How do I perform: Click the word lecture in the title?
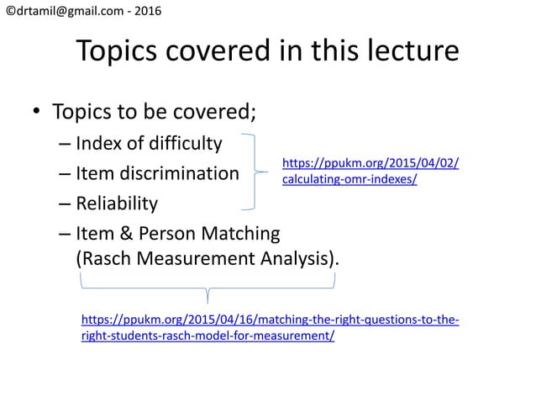click(x=408, y=52)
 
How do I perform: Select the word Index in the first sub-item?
click(x=97, y=144)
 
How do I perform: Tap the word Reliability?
click(x=116, y=204)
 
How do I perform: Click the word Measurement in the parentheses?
click(x=190, y=259)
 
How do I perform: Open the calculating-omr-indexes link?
click(x=370, y=172)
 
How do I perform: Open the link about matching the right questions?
click(x=269, y=328)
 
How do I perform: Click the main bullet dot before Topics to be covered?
click(x=36, y=114)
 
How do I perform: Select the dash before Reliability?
click(x=65, y=204)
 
